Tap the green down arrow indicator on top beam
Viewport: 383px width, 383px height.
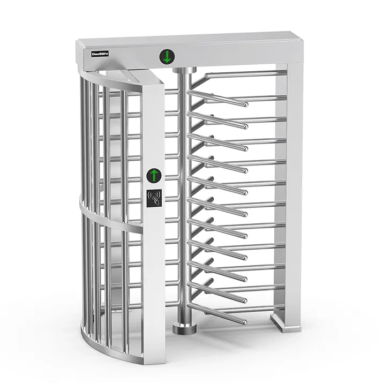[x=167, y=56]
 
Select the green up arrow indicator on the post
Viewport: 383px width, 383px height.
[x=154, y=175]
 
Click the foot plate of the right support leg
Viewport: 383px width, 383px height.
[x=283, y=322]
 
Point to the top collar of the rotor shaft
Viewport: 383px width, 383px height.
[x=183, y=71]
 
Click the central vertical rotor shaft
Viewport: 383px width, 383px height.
[x=183, y=204]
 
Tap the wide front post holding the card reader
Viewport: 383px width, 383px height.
[x=154, y=241]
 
